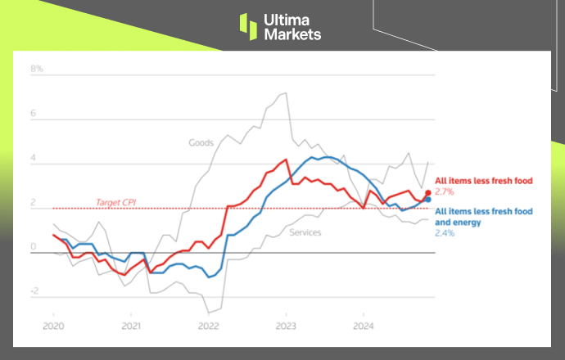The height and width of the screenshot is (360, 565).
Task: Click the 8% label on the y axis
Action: coord(37,70)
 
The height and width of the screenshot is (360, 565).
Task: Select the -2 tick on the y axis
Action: coord(34,291)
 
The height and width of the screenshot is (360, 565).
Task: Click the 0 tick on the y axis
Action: coord(34,246)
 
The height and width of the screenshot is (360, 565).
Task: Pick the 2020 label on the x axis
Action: coord(53,325)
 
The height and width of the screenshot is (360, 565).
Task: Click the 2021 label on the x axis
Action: coord(131,325)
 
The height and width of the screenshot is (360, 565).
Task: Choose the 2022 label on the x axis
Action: coord(209,325)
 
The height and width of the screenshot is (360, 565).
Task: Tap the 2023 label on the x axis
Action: coord(286,325)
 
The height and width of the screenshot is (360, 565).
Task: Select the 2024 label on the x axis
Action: coord(364,325)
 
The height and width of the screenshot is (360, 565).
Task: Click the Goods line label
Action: coord(201,143)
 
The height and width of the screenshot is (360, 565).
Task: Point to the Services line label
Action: coord(305,233)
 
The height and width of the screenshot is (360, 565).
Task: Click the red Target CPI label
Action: coord(115,202)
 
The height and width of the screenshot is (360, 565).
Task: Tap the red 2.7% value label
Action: coord(444,192)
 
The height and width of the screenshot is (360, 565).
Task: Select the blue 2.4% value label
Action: coord(444,233)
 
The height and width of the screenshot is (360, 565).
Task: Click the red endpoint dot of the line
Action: coord(427,193)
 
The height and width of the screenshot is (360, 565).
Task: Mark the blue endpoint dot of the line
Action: coord(427,200)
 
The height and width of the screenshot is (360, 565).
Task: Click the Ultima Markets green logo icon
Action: coord(248,25)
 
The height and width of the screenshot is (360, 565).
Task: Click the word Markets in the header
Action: coord(292,34)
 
